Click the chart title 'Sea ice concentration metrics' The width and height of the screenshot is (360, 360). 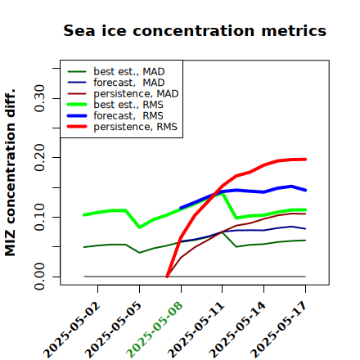195,30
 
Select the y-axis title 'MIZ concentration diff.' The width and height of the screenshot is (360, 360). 10,173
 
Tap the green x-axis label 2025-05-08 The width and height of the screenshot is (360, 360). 155,330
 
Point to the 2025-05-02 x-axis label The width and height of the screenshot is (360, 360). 72,330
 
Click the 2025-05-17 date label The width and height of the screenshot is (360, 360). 279,330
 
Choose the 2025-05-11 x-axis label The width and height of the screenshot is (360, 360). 196,330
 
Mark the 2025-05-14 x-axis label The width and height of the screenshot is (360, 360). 237,330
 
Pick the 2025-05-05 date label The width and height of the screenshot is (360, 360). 114,330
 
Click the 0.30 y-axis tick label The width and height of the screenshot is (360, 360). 39,98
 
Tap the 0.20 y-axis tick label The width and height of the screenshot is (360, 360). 39,158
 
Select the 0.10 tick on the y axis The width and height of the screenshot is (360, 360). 39,217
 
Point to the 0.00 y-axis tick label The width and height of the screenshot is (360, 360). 39,277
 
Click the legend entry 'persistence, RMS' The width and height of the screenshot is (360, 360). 122,127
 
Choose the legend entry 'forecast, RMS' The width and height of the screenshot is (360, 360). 115,115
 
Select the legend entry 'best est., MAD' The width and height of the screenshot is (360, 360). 116,71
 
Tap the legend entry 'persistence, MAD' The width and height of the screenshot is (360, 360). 123,93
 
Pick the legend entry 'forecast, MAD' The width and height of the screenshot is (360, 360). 116,83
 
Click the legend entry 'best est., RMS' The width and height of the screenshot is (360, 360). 115,105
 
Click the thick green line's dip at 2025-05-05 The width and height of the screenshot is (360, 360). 140,227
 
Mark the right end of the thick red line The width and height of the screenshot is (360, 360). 305,160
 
